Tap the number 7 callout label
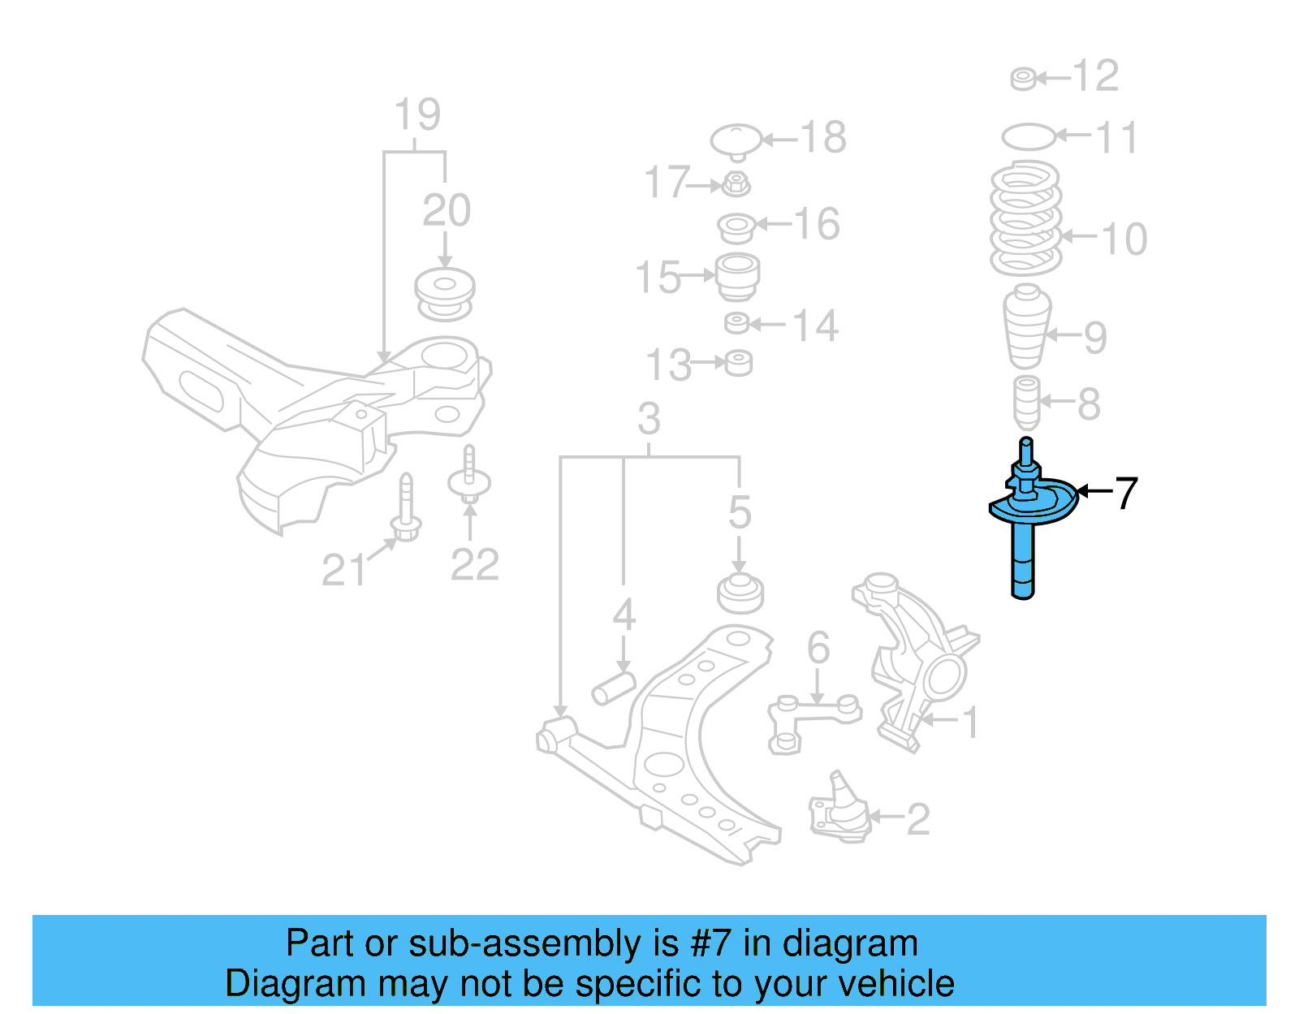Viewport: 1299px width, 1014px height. (x=1125, y=493)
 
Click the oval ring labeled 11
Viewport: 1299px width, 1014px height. (x=1029, y=136)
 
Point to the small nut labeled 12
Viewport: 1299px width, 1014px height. (x=1023, y=79)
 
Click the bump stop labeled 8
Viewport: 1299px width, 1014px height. (x=1027, y=403)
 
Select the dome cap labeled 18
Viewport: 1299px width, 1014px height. (x=736, y=140)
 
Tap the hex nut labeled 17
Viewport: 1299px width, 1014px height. (x=736, y=184)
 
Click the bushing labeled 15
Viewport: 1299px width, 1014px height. (x=737, y=276)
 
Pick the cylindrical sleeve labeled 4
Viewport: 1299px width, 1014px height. (x=613, y=688)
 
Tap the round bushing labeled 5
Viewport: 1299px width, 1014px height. (x=740, y=593)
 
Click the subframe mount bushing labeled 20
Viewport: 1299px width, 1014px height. (x=445, y=294)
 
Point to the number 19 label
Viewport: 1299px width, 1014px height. (x=417, y=114)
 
